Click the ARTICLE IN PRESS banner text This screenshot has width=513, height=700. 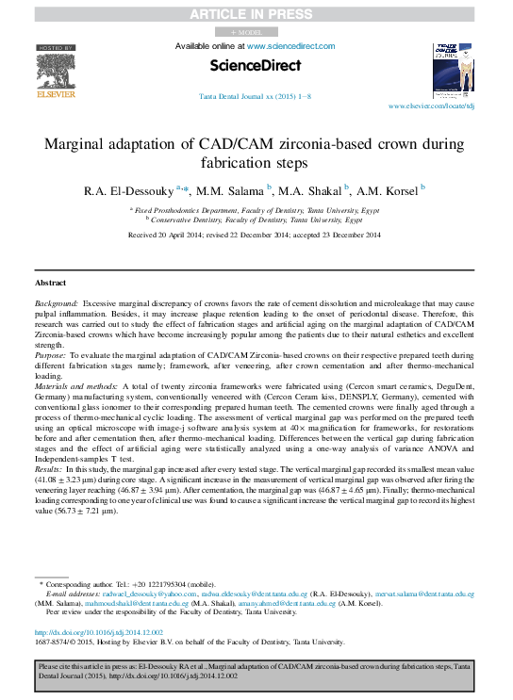tap(256, 14)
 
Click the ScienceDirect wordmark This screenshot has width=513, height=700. tap(256, 66)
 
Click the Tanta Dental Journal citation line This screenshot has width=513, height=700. tap(256, 97)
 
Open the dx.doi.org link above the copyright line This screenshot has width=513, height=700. tap(98, 632)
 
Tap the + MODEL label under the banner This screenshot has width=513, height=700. tap(256, 31)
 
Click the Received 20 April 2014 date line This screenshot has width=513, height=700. tap(256, 234)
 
